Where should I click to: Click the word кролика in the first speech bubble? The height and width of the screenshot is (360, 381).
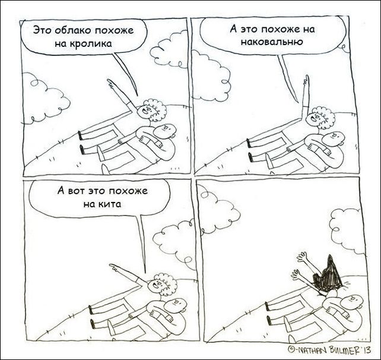(x=91, y=44)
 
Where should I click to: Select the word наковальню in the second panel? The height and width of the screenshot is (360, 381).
(x=272, y=42)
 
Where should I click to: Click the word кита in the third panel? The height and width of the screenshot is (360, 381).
(x=109, y=204)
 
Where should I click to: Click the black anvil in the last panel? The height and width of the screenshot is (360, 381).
(x=327, y=273)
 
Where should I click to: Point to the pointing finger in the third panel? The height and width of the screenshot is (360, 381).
(x=113, y=267)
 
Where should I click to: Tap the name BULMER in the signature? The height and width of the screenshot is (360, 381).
(x=344, y=350)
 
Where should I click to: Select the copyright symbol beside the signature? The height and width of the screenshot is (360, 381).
(x=290, y=350)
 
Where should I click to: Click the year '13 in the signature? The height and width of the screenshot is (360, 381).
(x=366, y=350)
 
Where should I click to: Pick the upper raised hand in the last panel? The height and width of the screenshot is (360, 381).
(x=301, y=257)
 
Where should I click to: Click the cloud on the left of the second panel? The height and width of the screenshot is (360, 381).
(x=211, y=75)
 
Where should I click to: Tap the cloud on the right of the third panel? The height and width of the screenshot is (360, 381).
(x=174, y=243)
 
